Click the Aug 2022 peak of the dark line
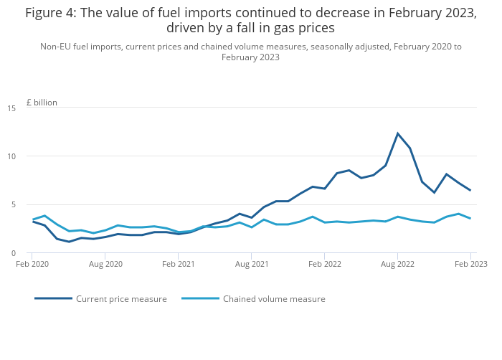pyautogui.click(x=397, y=133)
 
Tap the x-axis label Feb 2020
pyautogui.click(x=32, y=264)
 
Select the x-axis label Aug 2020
pyautogui.click(x=105, y=264)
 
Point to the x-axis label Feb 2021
pyautogui.click(x=179, y=264)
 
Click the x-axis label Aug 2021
pyautogui.click(x=252, y=264)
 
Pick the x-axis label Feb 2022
pyautogui.click(x=325, y=264)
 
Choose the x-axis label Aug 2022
pyautogui.click(x=397, y=264)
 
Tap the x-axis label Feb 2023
pyautogui.click(x=470, y=264)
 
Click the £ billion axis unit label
pyautogui.click(x=42, y=103)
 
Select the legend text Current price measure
pyautogui.click(x=121, y=299)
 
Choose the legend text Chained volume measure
pyautogui.click(x=274, y=299)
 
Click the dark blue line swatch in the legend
pyautogui.click(x=53, y=298)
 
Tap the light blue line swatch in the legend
pyautogui.click(x=200, y=298)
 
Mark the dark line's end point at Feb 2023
pyautogui.click(x=470, y=190)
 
